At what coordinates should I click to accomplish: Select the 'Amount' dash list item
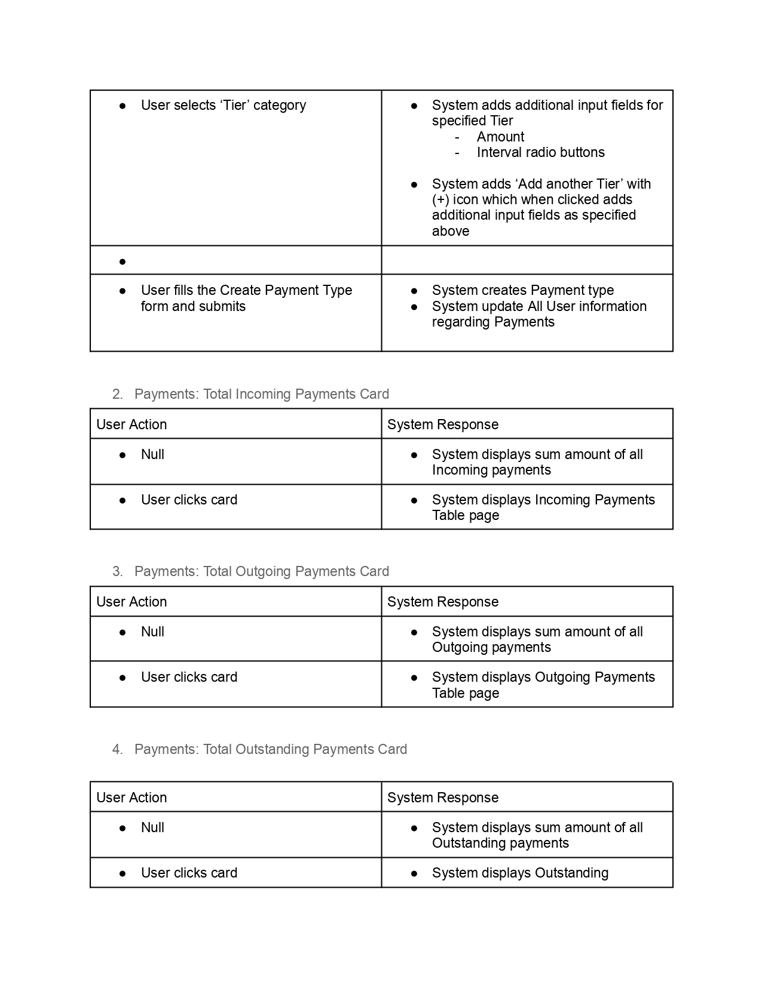tap(500, 137)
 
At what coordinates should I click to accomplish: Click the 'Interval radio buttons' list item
tap(540, 152)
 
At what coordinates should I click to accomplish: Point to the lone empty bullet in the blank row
tap(123, 261)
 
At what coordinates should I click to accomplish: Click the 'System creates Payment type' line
tap(522, 290)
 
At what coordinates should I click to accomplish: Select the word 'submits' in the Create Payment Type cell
tap(223, 306)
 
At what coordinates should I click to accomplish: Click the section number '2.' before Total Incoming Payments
tap(117, 394)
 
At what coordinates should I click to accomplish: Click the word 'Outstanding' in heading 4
tap(272, 749)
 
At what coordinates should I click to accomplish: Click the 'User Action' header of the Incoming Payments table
tap(131, 424)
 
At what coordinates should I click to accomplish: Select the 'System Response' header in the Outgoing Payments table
tap(442, 602)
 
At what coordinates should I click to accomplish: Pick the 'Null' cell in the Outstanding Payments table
tap(152, 827)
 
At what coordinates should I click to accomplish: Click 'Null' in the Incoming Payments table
tap(152, 454)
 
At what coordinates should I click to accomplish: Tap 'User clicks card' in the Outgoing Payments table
tap(189, 677)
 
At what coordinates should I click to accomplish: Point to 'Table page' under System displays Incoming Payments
tap(465, 515)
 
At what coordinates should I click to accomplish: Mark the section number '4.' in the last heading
tap(117, 749)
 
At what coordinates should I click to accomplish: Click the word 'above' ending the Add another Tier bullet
tap(450, 231)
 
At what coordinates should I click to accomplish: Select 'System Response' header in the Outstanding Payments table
tap(442, 798)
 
